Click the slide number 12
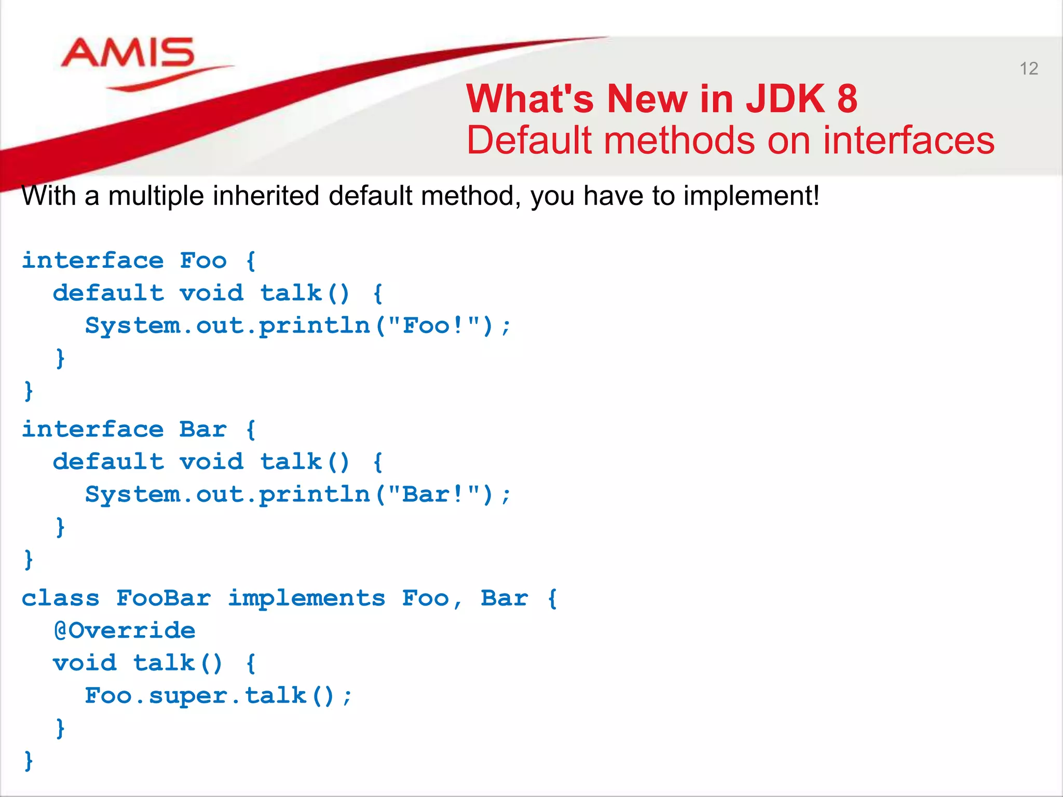point(1028,68)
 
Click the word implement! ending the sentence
point(751,196)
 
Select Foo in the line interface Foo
point(203,260)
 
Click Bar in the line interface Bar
point(203,429)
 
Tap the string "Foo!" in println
point(433,326)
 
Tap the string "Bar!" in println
point(433,494)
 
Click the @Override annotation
point(125,631)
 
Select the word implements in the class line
point(306,598)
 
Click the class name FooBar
point(163,598)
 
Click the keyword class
point(60,598)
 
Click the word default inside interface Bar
point(108,462)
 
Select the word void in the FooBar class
point(85,663)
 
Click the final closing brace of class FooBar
point(29,761)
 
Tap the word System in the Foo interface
point(132,326)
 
